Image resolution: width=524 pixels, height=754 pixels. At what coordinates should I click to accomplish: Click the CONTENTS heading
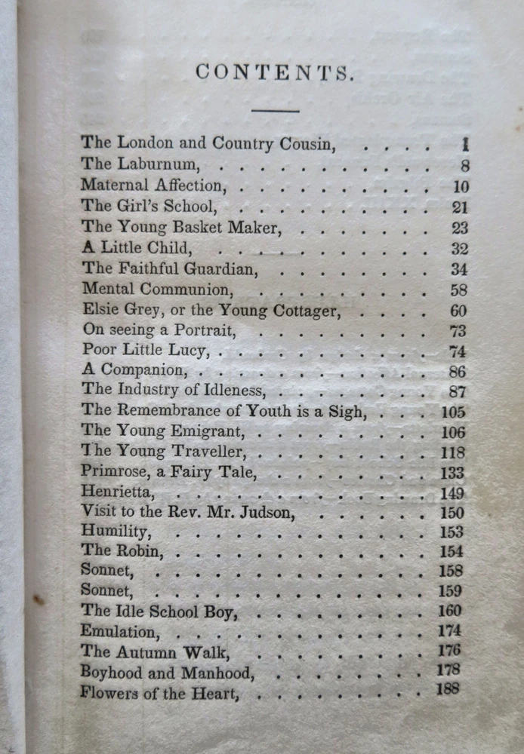274,72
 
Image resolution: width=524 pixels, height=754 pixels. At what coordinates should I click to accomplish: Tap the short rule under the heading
275,111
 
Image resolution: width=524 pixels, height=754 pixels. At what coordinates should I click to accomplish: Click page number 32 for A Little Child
460,249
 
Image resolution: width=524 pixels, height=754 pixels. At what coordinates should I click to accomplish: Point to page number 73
460,331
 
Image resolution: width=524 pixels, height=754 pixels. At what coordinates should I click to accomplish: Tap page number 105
454,412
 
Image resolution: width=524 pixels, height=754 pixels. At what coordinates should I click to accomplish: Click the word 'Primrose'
113,473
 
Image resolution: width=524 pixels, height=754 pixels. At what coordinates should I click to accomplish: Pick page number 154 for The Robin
451,551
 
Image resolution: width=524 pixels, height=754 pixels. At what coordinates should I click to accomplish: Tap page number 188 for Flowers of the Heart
448,688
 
